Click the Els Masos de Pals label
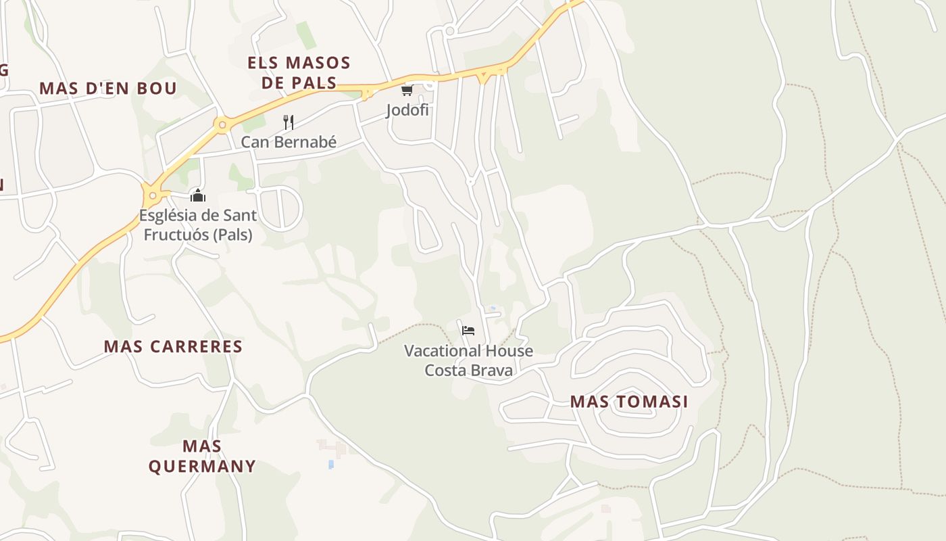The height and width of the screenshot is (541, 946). (299, 73)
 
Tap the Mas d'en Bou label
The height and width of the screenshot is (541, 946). (108, 88)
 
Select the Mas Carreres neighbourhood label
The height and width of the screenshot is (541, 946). (173, 346)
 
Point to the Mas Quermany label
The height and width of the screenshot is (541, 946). (202, 456)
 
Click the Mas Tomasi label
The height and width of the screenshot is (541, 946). (629, 402)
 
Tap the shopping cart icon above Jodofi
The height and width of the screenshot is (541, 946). (407, 90)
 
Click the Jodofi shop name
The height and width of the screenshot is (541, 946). (407, 110)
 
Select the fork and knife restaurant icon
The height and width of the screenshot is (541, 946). (289, 122)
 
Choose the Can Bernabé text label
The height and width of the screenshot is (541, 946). (289, 143)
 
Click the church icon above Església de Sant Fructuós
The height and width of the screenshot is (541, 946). (198, 196)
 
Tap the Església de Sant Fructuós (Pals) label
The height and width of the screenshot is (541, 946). (197, 225)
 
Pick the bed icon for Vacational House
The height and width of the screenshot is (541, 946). (468, 331)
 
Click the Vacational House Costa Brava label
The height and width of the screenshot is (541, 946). (468, 360)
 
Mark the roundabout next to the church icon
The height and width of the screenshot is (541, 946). (153, 196)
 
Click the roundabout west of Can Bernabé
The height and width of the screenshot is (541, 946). (221, 124)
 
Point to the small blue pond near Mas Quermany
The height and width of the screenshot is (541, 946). (330, 465)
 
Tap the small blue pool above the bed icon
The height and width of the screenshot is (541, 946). (493, 309)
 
